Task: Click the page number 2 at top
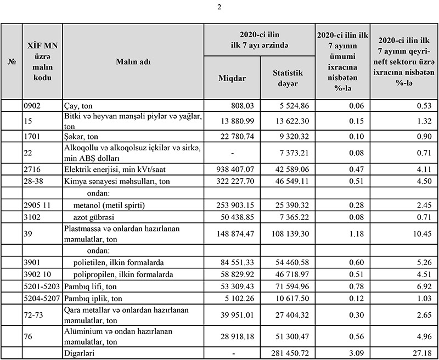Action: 219,7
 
